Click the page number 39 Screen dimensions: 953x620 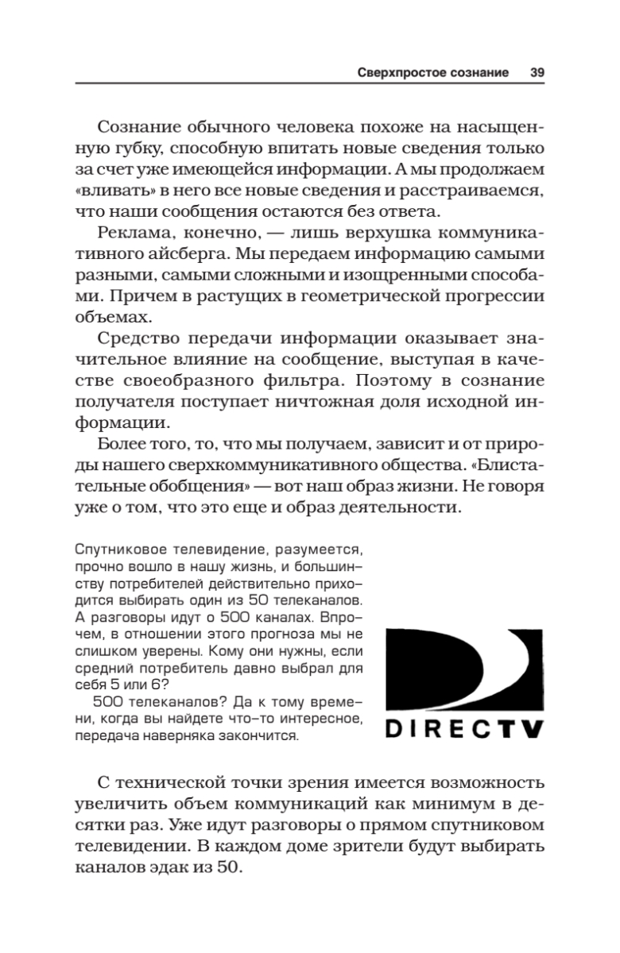(537, 72)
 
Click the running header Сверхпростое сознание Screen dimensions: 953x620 (432, 72)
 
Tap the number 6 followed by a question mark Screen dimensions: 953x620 (161, 685)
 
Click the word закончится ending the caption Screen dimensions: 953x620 (259, 735)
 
